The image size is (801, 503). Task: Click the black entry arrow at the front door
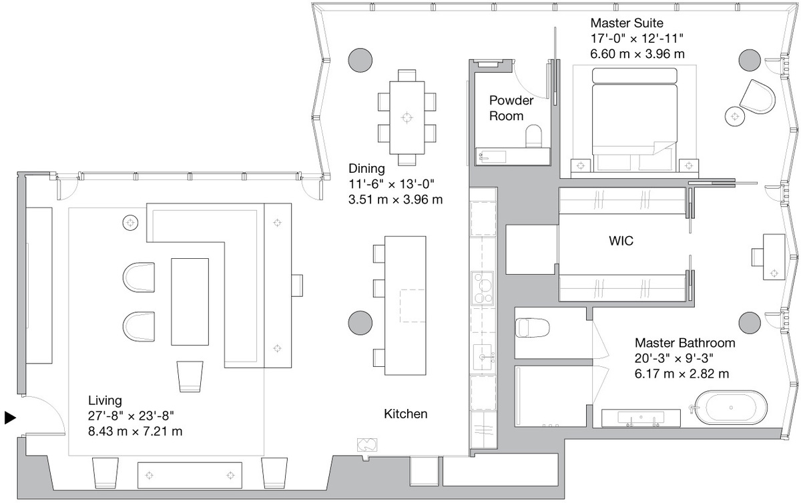(x=10, y=418)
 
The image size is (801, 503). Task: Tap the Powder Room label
(x=511, y=108)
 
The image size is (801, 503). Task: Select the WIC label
(x=621, y=241)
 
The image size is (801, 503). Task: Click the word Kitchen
(x=406, y=414)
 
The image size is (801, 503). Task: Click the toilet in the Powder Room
(x=533, y=136)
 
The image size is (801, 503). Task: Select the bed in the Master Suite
(x=634, y=120)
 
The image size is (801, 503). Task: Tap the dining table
(x=407, y=117)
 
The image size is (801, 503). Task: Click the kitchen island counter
(x=405, y=306)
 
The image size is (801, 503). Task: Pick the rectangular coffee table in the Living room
(x=190, y=302)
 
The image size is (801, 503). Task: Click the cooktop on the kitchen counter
(x=483, y=288)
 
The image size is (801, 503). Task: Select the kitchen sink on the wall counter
(x=483, y=358)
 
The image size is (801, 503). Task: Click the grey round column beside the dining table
(x=360, y=59)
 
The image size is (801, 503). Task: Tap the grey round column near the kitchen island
(x=360, y=323)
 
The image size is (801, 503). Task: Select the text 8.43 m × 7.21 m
(x=135, y=431)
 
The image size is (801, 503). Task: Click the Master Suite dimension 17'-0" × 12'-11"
(x=637, y=38)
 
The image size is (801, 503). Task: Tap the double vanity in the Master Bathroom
(x=641, y=418)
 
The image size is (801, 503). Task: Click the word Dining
(x=366, y=168)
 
